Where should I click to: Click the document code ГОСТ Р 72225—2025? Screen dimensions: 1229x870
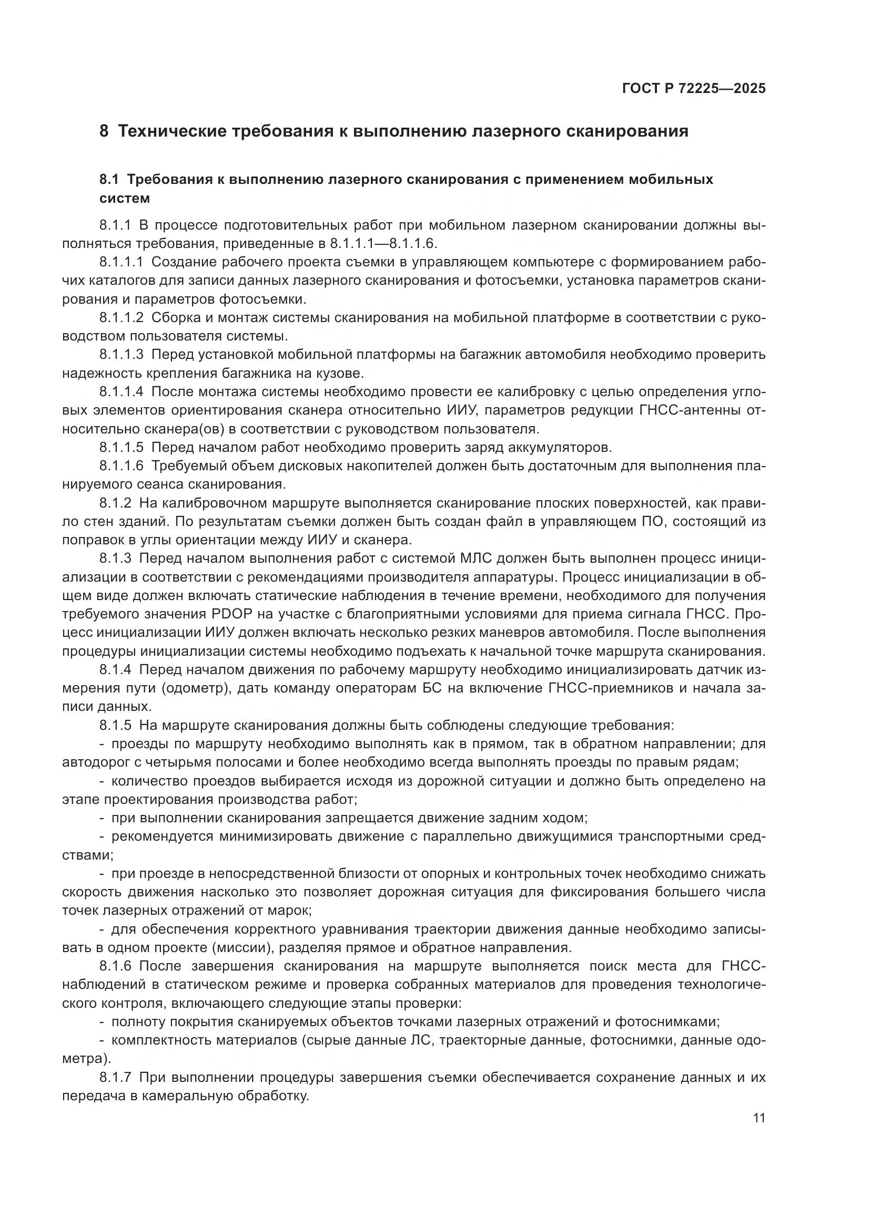point(694,88)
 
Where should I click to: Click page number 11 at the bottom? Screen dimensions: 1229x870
point(758,1118)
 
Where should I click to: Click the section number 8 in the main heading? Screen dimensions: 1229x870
point(104,131)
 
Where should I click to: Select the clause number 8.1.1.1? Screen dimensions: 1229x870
point(121,262)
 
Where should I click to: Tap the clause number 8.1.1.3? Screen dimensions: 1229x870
point(121,354)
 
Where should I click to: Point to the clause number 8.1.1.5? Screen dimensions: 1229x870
point(121,447)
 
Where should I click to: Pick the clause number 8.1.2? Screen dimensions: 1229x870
point(115,503)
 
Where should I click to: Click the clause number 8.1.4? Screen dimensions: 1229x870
point(115,669)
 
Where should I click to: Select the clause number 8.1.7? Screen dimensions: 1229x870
point(115,1078)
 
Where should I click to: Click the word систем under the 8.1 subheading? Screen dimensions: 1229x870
point(125,199)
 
